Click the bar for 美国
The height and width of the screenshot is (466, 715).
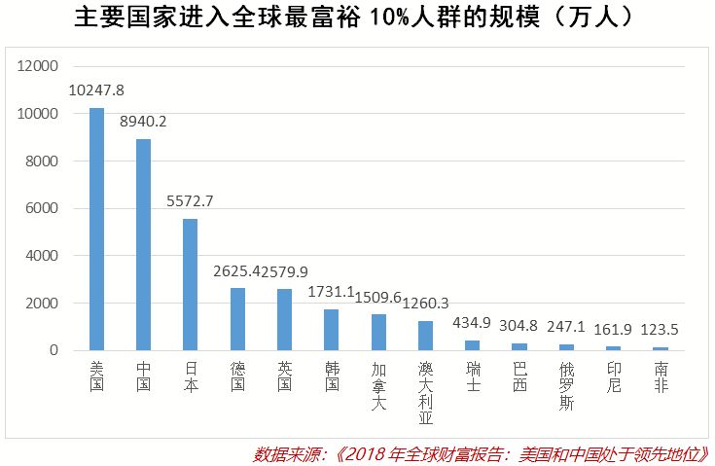pos(96,229)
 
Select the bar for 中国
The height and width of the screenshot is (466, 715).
pos(143,244)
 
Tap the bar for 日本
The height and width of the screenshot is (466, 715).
pos(191,284)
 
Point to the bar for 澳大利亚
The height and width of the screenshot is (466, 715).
pos(425,336)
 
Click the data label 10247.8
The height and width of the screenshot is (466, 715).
pos(96,90)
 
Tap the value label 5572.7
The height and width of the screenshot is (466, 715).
pos(191,201)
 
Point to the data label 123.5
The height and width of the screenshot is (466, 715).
pos(661,330)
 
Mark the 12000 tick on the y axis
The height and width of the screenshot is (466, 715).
pos(40,66)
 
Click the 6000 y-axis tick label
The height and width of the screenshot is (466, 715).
pos(44,208)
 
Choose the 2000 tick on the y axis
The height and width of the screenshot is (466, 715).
pos(44,303)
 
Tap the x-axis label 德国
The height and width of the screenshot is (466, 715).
pos(237,376)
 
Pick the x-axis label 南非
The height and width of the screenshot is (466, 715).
pos(661,376)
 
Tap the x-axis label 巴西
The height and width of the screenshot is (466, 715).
pos(519,376)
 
